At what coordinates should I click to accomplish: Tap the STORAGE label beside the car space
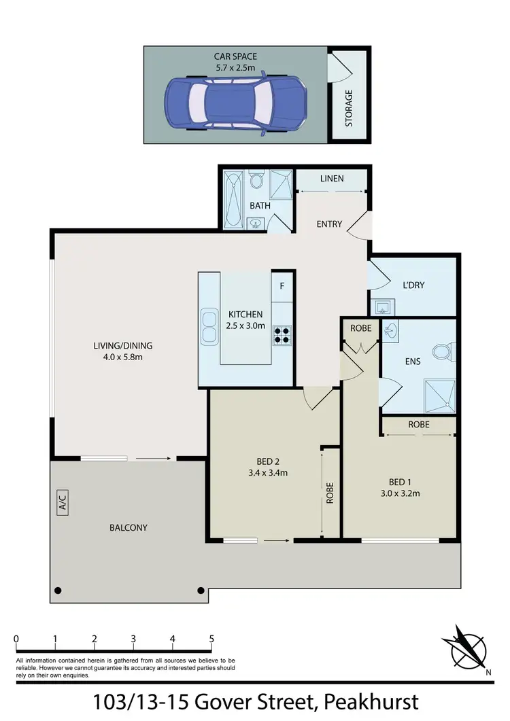click(349, 108)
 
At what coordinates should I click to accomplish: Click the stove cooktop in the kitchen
click(282, 335)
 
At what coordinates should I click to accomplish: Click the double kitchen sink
click(207, 326)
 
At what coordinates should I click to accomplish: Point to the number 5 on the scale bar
click(212, 639)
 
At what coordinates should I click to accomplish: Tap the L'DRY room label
click(413, 285)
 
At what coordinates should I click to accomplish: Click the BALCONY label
click(129, 527)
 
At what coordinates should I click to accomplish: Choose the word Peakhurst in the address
click(371, 701)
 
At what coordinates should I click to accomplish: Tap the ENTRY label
click(330, 224)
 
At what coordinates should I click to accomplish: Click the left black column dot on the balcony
click(58, 590)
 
